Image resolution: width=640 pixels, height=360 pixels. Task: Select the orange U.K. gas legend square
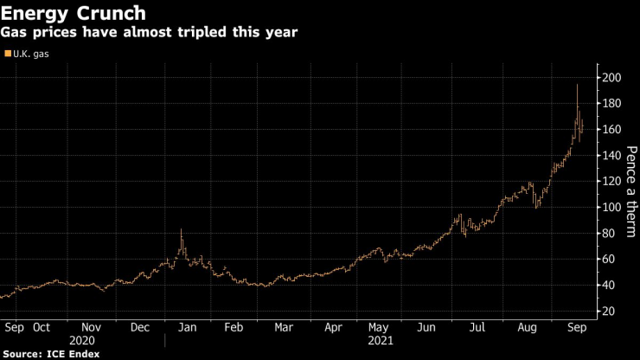click(9, 54)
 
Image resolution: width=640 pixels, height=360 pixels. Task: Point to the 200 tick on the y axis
click(612, 78)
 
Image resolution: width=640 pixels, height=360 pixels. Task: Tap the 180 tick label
click(612, 104)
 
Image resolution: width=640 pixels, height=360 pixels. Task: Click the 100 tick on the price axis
click(612, 208)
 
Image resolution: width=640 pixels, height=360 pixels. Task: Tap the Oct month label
click(42, 328)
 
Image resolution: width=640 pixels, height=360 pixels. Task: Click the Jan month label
click(187, 328)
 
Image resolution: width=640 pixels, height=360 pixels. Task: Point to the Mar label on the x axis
click(284, 328)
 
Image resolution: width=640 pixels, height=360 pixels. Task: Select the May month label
click(379, 328)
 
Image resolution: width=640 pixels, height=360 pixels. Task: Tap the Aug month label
click(526, 328)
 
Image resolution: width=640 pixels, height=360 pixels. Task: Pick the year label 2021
click(381, 341)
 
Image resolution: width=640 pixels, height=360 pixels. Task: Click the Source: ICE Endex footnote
click(51, 354)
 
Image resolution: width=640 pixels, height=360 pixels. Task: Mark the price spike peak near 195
click(577, 85)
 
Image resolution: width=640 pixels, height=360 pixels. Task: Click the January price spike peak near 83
click(181, 229)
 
